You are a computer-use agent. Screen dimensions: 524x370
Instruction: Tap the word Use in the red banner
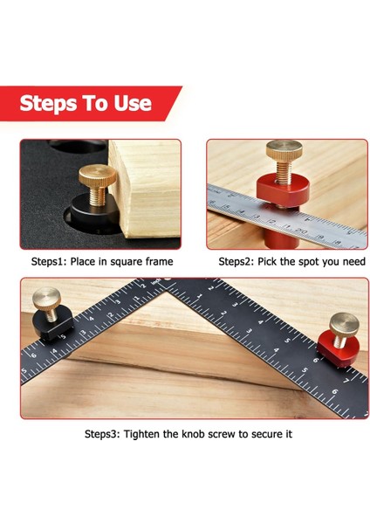point(133,104)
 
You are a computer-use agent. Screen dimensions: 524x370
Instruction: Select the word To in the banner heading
point(98,104)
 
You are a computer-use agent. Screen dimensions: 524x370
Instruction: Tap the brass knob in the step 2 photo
point(283,159)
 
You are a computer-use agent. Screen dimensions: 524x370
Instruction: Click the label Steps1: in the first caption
point(55,261)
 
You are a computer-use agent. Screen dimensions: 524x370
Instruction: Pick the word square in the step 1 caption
point(128,261)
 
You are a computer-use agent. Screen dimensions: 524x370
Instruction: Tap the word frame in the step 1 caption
point(160,261)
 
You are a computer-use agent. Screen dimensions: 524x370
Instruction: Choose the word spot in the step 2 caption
point(296,261)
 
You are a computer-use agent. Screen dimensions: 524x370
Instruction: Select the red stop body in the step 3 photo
point(332,351)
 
